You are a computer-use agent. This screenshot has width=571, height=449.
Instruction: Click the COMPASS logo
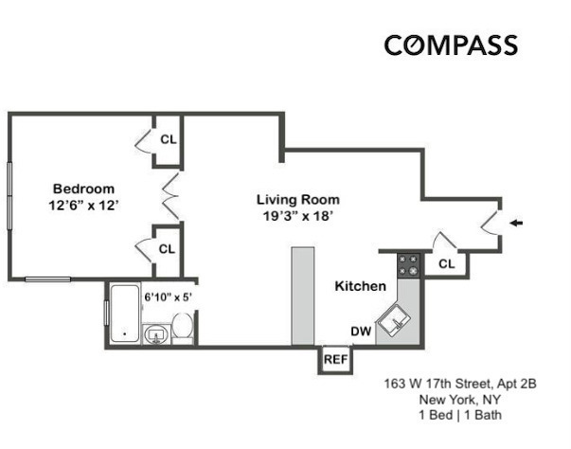(450, 45)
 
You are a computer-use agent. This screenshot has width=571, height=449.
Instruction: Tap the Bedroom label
(83, 188)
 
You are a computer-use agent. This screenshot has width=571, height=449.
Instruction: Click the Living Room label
(297, 200)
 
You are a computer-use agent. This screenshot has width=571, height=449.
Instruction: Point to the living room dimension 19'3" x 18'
(297, 216)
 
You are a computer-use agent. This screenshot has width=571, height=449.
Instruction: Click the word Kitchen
(360, 286)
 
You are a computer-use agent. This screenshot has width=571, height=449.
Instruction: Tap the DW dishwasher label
(360, 332)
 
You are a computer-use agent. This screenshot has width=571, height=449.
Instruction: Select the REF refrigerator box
(335, 360)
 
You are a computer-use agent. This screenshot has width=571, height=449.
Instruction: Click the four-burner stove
(409, 265)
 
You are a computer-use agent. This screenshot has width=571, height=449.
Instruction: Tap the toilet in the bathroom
(185, 329)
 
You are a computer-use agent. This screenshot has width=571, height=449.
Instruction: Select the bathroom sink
(155, 333)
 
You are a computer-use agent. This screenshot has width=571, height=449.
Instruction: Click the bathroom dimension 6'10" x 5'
(168, 296)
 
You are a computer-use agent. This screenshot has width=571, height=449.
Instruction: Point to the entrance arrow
(515, 224)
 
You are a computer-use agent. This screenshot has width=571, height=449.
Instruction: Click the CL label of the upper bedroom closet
(168, 138)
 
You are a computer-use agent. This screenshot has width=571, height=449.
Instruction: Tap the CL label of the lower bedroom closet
(167, 249)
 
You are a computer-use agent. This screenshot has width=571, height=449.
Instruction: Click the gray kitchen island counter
(302, 296)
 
